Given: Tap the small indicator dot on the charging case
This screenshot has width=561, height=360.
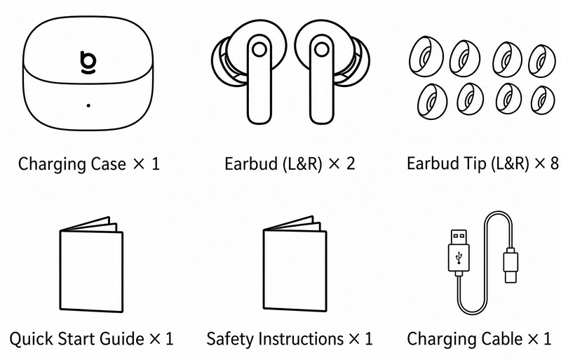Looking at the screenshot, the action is (88, 105).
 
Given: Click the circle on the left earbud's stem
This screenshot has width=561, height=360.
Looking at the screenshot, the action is (259, 49).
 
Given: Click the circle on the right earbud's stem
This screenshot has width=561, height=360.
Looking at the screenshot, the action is (322, 49).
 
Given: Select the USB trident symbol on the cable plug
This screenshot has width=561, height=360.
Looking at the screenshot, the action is (459, 257).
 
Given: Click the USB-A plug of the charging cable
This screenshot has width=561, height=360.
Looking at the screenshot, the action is (459, 251).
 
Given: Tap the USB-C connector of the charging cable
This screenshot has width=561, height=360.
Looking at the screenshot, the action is (511, 265).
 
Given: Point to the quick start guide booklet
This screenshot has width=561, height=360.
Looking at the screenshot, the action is (91, 265).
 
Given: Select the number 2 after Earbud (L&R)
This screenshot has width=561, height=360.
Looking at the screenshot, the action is (350, 164).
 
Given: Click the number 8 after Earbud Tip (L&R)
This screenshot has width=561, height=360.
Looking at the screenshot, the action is (554, 164).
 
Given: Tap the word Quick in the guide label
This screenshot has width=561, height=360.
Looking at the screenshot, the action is (31, 339).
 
